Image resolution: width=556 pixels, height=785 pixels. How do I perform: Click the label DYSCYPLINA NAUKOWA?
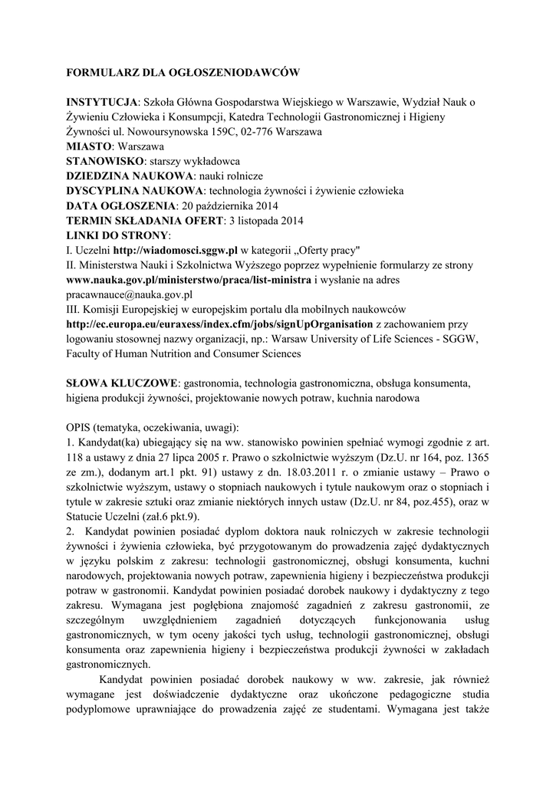click(136, 191)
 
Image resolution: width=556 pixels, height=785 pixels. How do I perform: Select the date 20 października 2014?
click(229, 206)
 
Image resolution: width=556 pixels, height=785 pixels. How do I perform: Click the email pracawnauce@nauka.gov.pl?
click(130, 294)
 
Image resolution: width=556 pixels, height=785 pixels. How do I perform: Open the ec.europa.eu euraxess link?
click(219, 324)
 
